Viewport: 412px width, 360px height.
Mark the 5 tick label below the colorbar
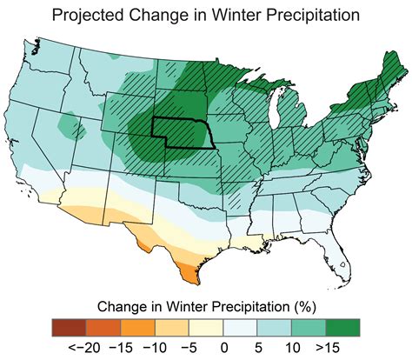point(258,347)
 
